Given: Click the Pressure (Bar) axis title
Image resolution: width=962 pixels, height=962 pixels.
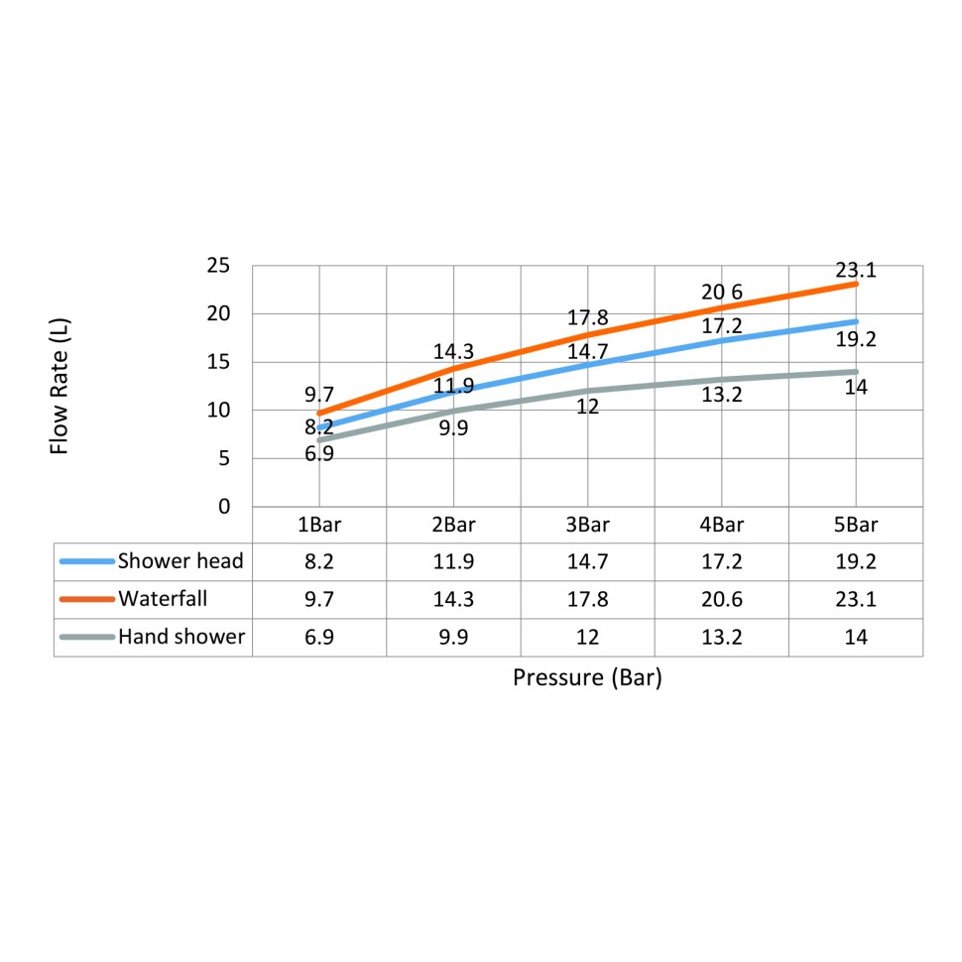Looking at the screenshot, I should pyautogui.click(x=587, y=679).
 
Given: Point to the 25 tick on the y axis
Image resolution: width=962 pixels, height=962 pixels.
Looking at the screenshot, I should pyautogui.click(x=218, y=266).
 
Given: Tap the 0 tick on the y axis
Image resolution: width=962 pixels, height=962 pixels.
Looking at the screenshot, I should pyautogui.click(x=224, y=507).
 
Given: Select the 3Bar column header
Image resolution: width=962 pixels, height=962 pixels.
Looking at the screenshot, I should pyautogui.click(x=587, y=525).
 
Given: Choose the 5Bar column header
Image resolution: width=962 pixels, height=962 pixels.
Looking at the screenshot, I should pyautogui.click(x=855, y=525).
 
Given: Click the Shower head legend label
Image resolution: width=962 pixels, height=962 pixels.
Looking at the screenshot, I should pyautogui.click(x=180, y=561).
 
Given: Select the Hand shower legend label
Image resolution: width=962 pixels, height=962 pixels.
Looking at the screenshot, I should pyautogui.click(x=181, y=637).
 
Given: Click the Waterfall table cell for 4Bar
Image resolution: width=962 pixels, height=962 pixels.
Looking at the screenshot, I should pyautogui.click(x=721, y=599).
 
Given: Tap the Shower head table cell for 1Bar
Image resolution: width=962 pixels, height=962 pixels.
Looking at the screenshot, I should pyautogui.click(x=319, y=561).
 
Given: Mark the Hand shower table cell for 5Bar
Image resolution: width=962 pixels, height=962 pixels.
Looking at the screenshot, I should pyautogui.click(x=855, y=637).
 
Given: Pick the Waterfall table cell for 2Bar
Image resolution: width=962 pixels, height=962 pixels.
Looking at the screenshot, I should pyautogui.click(x=453, y=599).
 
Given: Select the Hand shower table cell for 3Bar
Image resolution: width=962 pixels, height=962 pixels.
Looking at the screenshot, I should pyautogui.click(x=587, y=637).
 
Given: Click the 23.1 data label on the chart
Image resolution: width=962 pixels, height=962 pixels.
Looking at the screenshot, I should pyautogui.click(x=855, y=269).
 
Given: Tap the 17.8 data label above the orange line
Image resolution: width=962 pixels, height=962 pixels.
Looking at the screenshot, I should pyautogui.click(x=587, y=319).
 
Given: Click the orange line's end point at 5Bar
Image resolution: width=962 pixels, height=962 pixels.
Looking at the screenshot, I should pyautogui.click(x=856, y=284).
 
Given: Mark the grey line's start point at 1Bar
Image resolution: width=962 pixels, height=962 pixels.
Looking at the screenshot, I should pyautogui.click(x=319, y=439).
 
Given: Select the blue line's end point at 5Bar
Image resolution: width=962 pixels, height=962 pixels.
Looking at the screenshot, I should pyautogui.click(x=856, y=321).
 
